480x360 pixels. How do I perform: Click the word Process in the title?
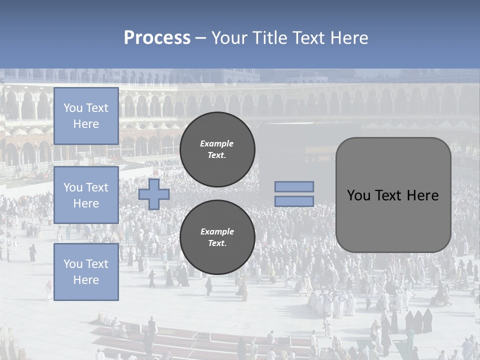(157, 38)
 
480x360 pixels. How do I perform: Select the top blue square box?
(86, 116)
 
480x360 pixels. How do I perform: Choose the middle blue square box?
(86, 195)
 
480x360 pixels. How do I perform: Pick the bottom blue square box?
(86, 272)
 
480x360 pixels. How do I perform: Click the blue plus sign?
(154, 194)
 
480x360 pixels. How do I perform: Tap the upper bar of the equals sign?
(294, 186)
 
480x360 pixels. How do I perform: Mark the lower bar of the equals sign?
(294, 201)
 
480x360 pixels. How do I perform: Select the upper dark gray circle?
(217, 149)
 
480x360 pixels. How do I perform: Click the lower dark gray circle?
(217, 237)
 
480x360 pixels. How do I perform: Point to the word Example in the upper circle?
(217, 143)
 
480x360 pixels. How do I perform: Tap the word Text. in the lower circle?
(217, 243)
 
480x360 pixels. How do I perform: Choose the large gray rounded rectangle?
(393, 195)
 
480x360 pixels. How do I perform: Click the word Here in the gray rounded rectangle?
(422, 195)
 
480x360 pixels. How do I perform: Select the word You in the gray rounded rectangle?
(358, 195)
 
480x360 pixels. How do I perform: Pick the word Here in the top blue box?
(86, 124)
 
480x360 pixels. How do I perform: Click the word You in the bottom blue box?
(73, 264)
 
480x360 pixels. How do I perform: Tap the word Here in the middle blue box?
(86, 203)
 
